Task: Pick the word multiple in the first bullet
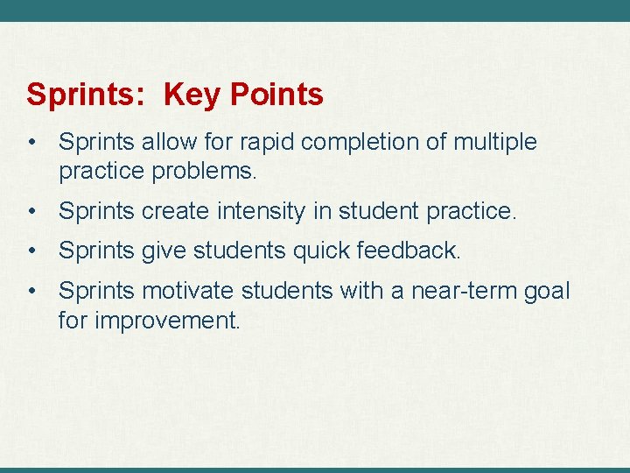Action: click(495, 142)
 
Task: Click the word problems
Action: click(204, 172)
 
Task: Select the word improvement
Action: click(166, 321)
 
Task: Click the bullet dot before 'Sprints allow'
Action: click(31, 142)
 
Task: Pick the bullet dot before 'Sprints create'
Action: click(31, 211)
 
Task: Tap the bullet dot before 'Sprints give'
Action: click(31, 251)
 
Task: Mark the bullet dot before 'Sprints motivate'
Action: click(31, 290)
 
